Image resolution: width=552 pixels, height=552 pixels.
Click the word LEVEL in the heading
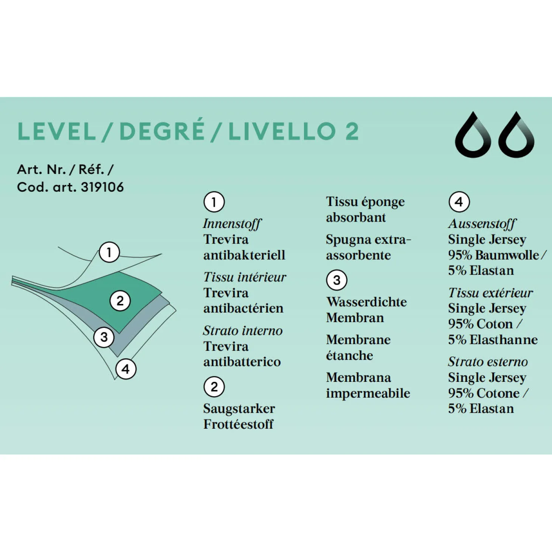click(56, 131)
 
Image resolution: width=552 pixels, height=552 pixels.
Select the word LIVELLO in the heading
click(282, 131)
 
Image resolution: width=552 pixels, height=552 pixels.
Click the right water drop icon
click(516, 135)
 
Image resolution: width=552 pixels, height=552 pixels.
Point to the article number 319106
click(102, 187)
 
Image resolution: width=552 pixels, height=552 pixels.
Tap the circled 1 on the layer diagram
click(109, 252)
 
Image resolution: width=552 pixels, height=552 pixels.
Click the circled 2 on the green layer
click(120, 301)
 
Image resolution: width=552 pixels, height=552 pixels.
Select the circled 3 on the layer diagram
click(104, 337)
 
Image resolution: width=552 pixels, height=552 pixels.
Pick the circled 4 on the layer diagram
click(126, 369)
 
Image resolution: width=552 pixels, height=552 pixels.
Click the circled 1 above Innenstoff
click(214, 202)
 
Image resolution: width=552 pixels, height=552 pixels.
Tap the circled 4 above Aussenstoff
click(459, 202)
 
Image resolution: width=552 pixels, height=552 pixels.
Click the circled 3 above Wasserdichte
click(336, 280)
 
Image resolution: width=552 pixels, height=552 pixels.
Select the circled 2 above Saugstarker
click(214, 387)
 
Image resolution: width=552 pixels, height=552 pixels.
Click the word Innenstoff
click(232, 224)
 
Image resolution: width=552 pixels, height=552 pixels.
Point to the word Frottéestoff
click(238, 424)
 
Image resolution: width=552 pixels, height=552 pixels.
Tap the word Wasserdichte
click(366, 302)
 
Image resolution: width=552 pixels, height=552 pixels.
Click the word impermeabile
click(368, 393)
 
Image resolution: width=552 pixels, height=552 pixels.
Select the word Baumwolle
click(507, 255)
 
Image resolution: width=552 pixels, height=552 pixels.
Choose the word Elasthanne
click(504, 340)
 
